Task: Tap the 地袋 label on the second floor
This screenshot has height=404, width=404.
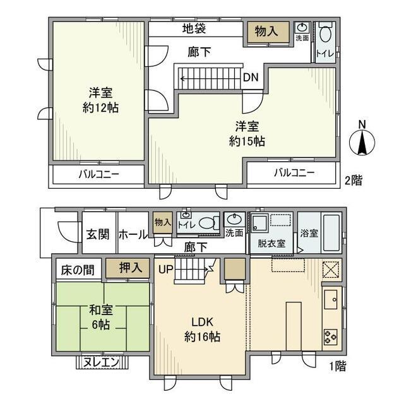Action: [x=194, y=29]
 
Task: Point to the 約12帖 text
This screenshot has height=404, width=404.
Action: [x=100, y=107]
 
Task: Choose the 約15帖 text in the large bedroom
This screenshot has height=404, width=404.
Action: [x=247, y=141]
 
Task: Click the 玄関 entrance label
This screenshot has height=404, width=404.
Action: [x=98, y=235]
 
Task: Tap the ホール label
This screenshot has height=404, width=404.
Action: [x=133, y=235]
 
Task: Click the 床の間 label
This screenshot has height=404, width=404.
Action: [x=78, y=270]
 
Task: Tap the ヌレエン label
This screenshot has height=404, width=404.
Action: [x=102, y=363]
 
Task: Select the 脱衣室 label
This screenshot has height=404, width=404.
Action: [x=271, y=243]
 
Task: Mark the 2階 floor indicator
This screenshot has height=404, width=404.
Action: [x=354, y=179]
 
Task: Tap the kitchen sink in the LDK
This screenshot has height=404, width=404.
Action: [x=332, y=298]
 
